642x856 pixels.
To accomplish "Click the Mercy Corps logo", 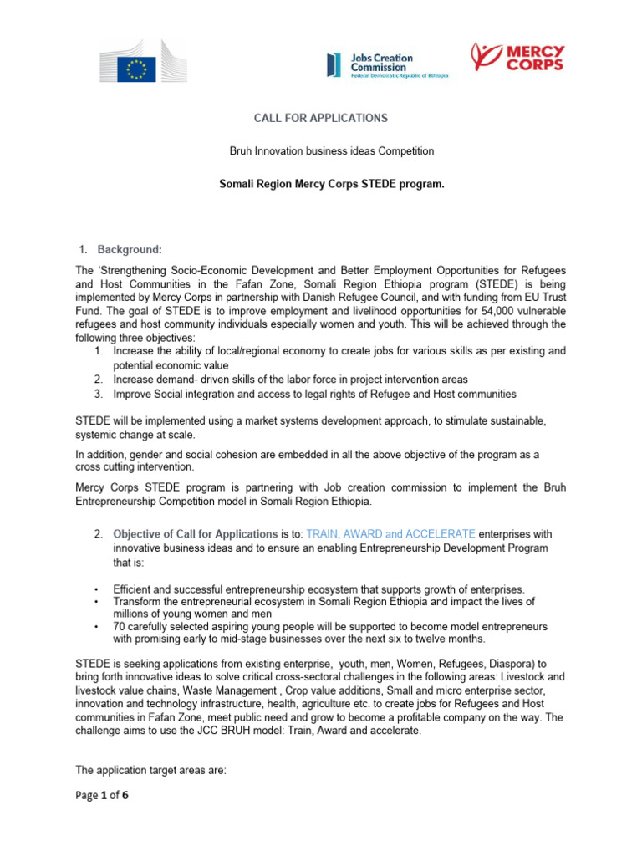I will coord(517,58).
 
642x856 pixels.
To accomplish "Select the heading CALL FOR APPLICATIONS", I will coord(321,119).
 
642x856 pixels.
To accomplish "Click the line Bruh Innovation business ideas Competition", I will coord(320,150).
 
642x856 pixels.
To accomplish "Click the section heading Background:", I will coord(130,249).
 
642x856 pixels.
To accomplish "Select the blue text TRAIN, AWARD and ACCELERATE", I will coord(391,533).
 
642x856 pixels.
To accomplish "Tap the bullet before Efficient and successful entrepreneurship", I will coord(98,589).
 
